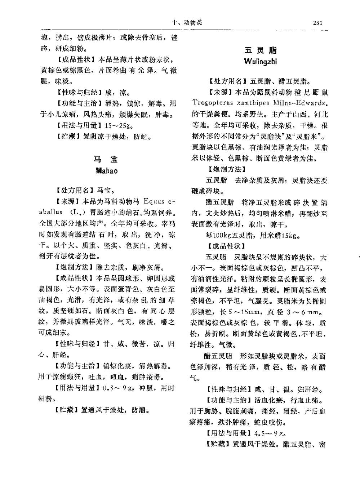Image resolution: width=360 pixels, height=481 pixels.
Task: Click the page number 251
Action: (x=317, y=23)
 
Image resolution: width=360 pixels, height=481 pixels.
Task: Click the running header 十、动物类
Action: (x=187, y=23)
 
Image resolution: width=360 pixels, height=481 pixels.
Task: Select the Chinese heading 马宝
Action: (x=107, y=159)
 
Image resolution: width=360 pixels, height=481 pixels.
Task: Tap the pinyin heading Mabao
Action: (x=107, y=170)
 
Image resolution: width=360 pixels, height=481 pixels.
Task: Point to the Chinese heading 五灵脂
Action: (x=261, y=50)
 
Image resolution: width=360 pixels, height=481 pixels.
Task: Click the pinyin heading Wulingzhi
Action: (x=260, y=61)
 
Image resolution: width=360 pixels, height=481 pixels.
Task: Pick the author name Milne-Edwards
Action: (x=299, y=103)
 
